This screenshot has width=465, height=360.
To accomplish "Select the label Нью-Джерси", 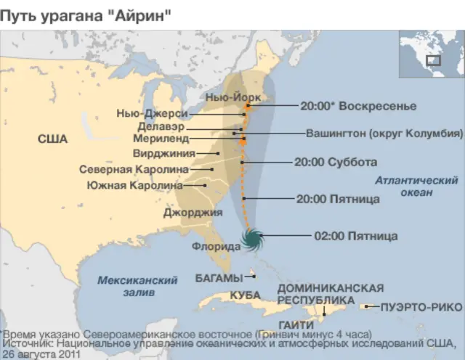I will click(152, 113).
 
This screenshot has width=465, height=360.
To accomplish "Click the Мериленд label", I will click(161, 138).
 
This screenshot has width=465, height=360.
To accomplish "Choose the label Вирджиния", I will click(164, 153).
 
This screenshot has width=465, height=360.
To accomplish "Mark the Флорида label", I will click(215, 247).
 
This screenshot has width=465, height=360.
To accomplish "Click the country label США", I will click(52, 139).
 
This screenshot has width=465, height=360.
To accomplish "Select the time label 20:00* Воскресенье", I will click(358, 106).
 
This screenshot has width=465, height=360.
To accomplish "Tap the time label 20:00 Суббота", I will click(335, 162).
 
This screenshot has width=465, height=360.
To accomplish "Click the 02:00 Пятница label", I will click(355, 236).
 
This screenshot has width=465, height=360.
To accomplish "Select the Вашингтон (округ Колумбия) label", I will click(384, 134).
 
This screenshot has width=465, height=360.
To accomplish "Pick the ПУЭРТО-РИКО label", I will click(415, 307).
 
